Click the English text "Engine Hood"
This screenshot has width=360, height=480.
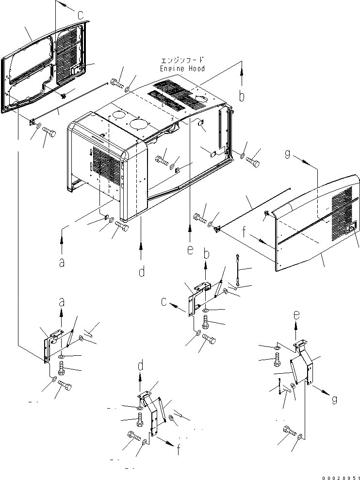pyautogui.click(x=182, y=68)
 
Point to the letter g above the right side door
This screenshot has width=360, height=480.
pyautogui.click(x=288, y=154)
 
